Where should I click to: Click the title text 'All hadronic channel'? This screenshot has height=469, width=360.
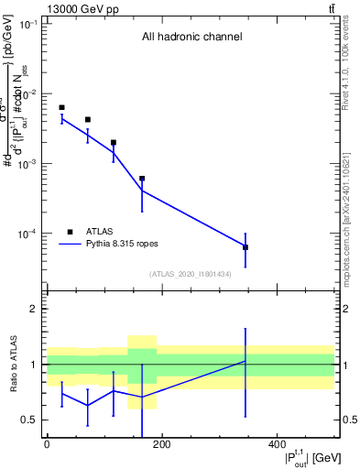pos(191,38)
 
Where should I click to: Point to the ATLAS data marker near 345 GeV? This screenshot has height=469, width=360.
pos(245,247)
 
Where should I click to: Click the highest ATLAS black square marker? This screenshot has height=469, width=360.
pos(61,107)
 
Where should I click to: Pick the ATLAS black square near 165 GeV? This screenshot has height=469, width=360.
pos(142,179)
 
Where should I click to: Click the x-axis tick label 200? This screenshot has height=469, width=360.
pos(161,444)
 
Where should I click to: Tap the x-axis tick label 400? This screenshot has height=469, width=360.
pos(277,444)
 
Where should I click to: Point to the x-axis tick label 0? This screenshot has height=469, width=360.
pos(47,444)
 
